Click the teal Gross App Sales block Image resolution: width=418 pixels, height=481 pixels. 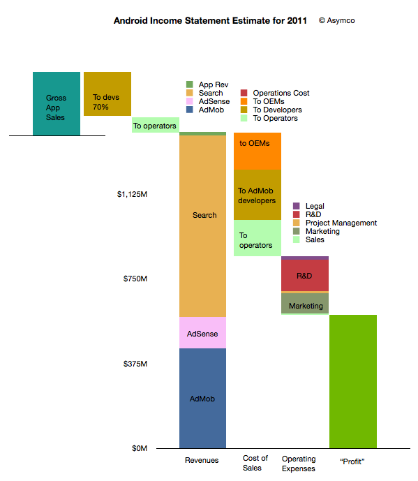pyautogui.click(x=57, y=104)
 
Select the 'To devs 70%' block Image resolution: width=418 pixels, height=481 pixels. pyautogui.click(x=107, y=94)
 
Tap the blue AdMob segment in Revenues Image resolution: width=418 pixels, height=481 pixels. pyautogui.click(x=202, y=398)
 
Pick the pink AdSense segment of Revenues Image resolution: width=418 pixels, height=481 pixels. pyautogui.click(x=202, y=332)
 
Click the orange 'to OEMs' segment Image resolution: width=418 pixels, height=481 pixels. pyautogui.click(x=257, y=151)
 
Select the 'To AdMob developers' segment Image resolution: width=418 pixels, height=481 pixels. pyautogui.click(x=257, y=195)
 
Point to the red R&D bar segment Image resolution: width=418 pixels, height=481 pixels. pyautogui.click(x=305, y=275)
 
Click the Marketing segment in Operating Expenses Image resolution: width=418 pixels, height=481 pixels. pyautogui.click(x=305, y=303)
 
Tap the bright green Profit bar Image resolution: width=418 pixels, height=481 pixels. pyautogui.click(x=353, y=382)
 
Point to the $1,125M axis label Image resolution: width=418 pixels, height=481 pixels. pyautogui.click(x=132, y=194)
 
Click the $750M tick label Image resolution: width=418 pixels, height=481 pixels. pyautogui.click(x=135, y=279)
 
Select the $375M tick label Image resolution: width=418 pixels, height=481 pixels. pyautogui.click(x=135, y=364)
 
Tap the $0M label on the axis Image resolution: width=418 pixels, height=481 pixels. pyautogui.click(x=140, y=448)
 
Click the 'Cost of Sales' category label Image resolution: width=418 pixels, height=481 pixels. pyautogui.click(x=255, y=463)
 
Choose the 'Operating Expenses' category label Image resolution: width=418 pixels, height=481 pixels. pyautogui.click(x=299, y=464)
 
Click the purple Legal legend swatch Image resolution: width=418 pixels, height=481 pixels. pyautogui.click(x=297, y=206)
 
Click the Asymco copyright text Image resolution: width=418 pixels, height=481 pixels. pyautogui.click(x=337, y=20)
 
